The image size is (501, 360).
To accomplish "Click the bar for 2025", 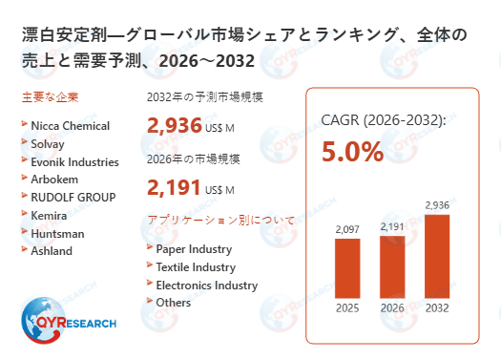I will [x=347, y=267].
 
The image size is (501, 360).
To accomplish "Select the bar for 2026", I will [x=392, y=265].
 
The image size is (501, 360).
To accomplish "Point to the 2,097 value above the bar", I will [x=347, y=230].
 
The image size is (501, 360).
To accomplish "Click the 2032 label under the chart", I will [x=437, y=307].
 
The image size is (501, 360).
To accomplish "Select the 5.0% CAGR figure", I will [x=352, y=152].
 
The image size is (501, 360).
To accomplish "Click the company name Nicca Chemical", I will [x=71, y=126].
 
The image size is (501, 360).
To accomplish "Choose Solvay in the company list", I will [x=50, y=143].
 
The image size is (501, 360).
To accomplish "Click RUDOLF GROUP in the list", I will [x=73, y=197].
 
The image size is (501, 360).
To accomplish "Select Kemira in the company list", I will [x=50, y=215].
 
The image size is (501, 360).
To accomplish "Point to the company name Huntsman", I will [x=58, y=233].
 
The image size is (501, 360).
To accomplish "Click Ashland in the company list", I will [x=52, y=251].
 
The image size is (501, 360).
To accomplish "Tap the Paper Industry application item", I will [x=194, y=249].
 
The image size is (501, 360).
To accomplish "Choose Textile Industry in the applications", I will [x=196, y=267].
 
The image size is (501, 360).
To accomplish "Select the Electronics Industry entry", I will [x=206, y=285].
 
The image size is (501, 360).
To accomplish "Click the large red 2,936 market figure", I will [x=175, y=124].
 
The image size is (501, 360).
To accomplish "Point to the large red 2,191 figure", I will [x=175, y=187].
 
